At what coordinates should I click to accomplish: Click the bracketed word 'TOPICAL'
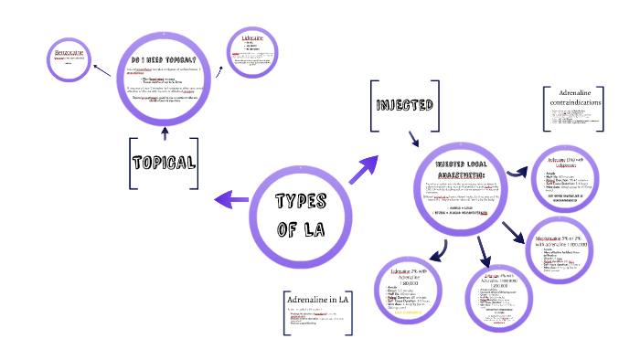coord(164,163)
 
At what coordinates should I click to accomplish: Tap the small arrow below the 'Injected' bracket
coord(413,137)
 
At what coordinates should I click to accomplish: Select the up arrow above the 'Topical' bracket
coord(164,133)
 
